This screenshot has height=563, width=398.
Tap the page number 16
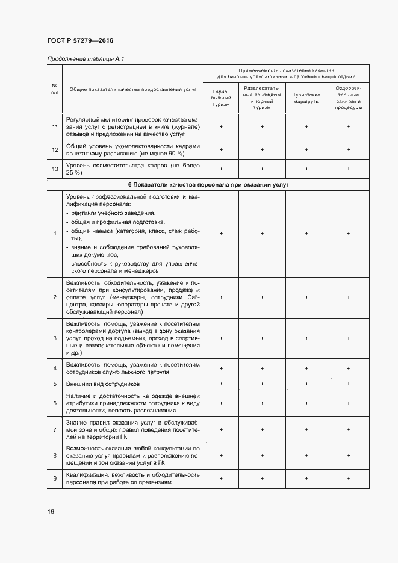point(51,512)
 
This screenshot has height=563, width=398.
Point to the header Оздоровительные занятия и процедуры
point(349,98)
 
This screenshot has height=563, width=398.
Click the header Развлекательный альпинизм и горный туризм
point(262,98)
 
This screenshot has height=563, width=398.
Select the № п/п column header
point(55,89)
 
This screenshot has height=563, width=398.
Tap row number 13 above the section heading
point(55,169)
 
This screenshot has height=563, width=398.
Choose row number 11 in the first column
point(55,127)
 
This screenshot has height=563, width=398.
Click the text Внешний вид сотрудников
point(103,384)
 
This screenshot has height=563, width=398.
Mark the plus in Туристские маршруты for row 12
point(306,149)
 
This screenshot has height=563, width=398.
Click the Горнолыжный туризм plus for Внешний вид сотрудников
point(221,384)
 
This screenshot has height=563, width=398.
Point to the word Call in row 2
point(192,297)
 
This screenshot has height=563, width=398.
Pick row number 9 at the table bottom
point(55,478)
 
